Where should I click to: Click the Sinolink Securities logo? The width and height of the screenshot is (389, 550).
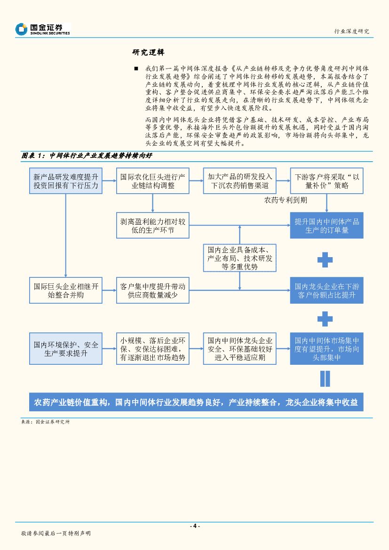42,29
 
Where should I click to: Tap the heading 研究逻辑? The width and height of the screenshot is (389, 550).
148,52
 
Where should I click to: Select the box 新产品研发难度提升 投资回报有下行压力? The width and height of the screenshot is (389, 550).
66,181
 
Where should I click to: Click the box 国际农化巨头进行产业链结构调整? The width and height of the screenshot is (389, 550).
152,181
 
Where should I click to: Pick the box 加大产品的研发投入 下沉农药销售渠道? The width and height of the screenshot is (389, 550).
240,181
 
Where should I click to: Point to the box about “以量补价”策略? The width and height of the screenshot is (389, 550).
327,181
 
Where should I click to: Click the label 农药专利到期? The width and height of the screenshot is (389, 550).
286,200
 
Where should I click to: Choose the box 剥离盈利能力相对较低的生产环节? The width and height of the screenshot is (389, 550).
152,225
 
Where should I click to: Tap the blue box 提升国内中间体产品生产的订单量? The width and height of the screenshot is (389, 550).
327,225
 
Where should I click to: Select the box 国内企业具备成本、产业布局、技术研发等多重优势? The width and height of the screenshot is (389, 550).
240,257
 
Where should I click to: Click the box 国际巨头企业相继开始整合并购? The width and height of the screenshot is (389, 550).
66,290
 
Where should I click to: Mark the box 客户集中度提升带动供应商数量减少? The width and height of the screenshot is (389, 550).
152,290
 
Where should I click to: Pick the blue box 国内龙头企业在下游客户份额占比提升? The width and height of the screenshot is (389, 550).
327,290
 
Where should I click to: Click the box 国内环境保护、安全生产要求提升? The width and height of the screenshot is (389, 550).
66,349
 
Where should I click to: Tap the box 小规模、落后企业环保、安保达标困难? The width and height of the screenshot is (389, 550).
152,349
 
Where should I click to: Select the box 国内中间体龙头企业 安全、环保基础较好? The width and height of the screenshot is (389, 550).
240,349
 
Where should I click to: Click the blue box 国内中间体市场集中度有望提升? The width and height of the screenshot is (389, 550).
327,349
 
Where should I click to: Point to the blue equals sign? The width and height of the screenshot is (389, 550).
325,378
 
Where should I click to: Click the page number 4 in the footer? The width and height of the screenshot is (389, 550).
194,526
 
